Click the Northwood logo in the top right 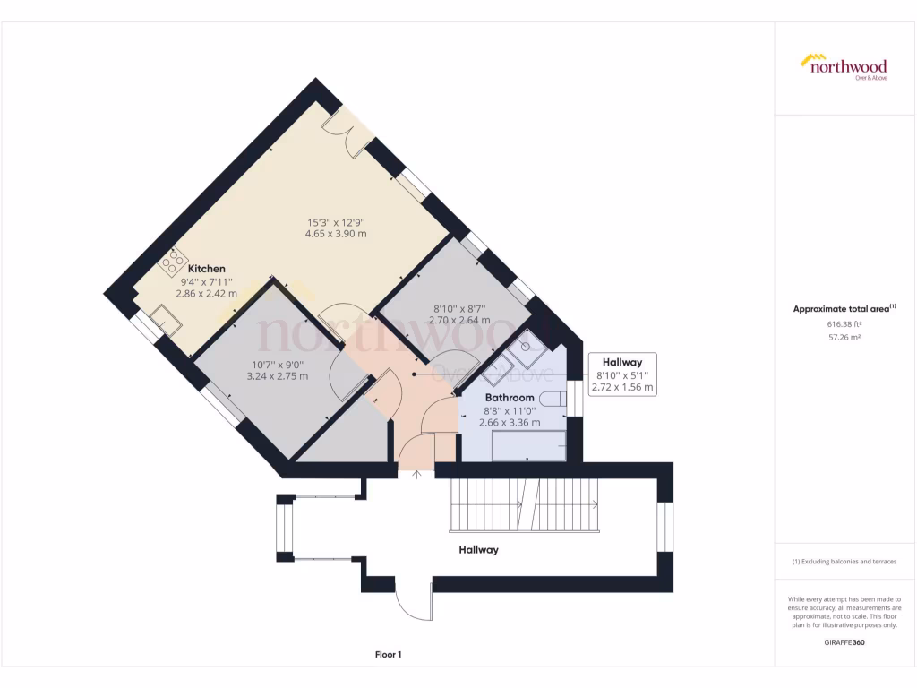843,66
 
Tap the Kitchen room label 206,269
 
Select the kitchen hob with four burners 172,262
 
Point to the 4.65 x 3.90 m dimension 337,234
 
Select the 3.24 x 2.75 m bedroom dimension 277,376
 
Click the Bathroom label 510,397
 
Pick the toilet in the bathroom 554,400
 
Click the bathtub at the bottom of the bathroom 529,445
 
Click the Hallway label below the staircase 478,550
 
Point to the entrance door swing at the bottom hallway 412,602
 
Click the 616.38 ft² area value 843,324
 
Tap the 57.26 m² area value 843,339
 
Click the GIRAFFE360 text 843,642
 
